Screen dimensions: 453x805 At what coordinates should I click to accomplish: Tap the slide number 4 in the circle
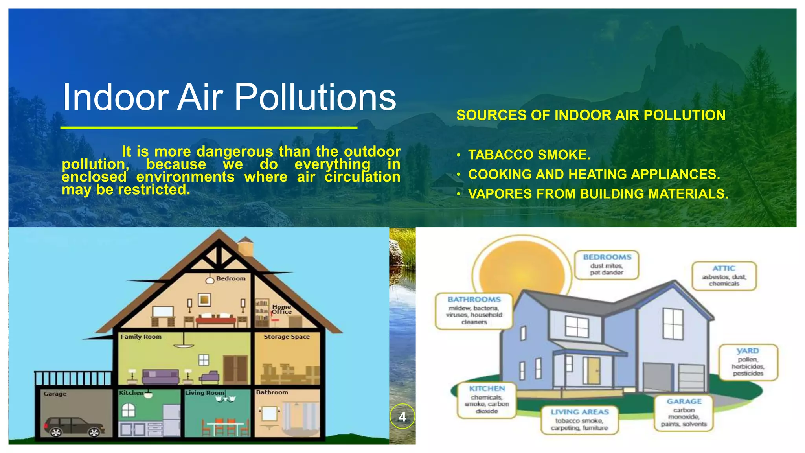[x=402, y=416]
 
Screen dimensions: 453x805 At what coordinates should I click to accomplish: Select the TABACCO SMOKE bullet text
[x=529, y=155]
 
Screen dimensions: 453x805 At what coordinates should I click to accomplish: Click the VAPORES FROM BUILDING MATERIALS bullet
[x=598, y=194]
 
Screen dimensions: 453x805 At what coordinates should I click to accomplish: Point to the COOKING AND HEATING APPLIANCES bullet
[x=594, y=174]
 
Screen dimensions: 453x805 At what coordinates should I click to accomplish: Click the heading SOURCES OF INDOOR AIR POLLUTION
[x=591, y=115]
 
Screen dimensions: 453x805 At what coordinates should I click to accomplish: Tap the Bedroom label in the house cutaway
[x=231, y=278]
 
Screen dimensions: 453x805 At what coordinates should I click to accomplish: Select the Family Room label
[x=141, y=337]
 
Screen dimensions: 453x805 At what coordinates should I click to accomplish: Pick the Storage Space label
[x=287, y=337]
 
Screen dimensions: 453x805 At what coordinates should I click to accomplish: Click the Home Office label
[x=282, y=309]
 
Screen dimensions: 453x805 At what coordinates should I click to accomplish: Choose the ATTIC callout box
[x=724, y=276]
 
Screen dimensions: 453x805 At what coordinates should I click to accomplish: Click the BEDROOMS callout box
[x=607, y=265]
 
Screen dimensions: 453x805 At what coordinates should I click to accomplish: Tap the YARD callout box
[x=748, y=362]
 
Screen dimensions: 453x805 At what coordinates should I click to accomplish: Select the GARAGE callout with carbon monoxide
[x=684, y=412]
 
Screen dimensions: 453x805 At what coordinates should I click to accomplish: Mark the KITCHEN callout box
[x=487, y=400]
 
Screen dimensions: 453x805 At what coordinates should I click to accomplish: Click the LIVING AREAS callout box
[x=579, y=420]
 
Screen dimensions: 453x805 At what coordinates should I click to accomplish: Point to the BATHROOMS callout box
[x=474, y=311]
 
